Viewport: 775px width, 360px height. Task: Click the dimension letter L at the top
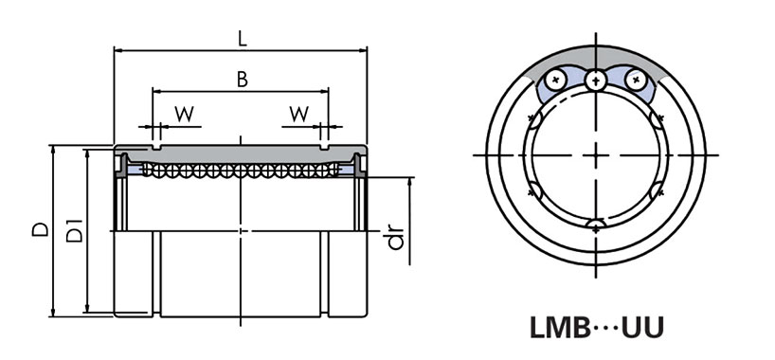click(x=242, y=40)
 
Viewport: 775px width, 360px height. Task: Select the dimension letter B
click(x=242, y=80)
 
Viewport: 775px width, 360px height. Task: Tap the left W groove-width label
click(x=185, y=115)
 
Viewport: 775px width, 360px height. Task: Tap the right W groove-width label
click(x=299, y=115)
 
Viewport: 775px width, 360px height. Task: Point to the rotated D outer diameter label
click(x=41, y=230)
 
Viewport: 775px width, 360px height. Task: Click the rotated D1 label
click(x=74, y=229)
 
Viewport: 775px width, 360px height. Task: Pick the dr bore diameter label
click(x=395, y=239)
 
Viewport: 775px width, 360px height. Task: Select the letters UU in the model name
click(x=642, y=328)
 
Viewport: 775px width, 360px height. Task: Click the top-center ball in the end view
click(x=596, y=81)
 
